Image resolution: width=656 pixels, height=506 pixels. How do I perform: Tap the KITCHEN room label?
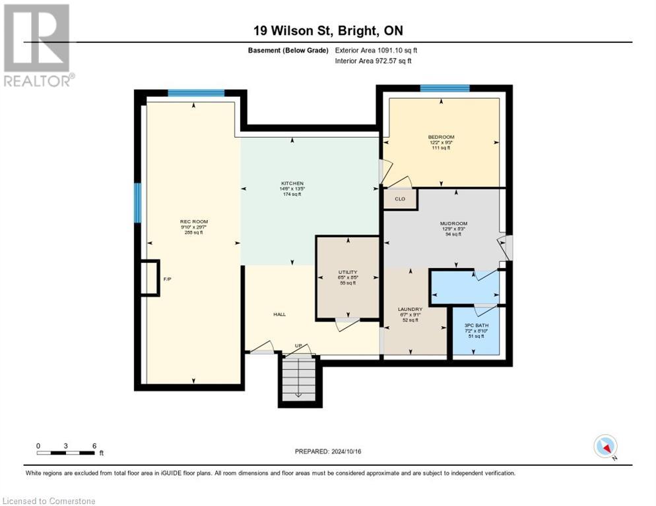(x=292, y=183)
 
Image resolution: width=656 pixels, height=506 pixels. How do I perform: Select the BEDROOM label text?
(x=441, y=137)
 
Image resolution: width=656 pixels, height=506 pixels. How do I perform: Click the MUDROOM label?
(x=453, y=223)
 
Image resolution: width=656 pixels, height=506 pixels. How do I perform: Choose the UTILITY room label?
(x=348, y=272)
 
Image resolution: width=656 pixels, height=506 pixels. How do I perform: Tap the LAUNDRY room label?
(x=410, y=309)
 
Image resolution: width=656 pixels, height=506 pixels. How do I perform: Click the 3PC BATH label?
(x=476, y=325)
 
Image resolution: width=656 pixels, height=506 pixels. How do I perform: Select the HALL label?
(x=279, y=314)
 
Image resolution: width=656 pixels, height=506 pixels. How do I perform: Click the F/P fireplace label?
(x=168, y=279)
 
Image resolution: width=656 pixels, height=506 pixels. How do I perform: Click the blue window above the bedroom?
(x=445, y=88)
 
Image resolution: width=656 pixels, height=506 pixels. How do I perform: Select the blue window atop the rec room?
(x=196, y=93)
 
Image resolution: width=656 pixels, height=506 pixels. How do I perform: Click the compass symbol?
(x=605, y=446)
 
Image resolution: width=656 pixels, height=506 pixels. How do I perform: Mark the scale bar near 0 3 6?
(x=66, y=453)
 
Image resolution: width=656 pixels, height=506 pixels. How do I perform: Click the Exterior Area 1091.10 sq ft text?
(x=376, y=50)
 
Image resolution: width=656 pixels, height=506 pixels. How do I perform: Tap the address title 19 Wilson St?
(x=328, y=30)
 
